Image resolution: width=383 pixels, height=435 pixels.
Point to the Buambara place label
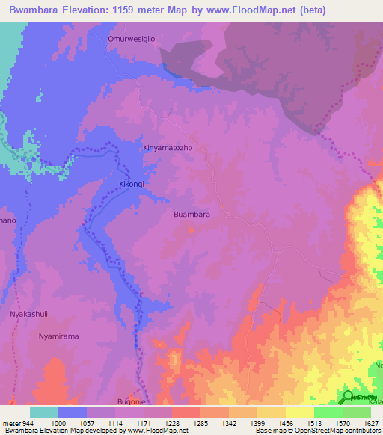191,215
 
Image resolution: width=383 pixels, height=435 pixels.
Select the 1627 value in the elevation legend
370,423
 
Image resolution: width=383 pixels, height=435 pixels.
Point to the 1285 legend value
200,423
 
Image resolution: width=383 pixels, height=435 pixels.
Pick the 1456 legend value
286,423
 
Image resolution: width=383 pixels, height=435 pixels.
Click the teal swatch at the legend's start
44,412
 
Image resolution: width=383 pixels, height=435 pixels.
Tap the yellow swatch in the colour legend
300,412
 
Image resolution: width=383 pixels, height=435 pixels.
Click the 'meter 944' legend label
18,423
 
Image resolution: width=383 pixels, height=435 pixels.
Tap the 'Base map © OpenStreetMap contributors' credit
316,431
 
